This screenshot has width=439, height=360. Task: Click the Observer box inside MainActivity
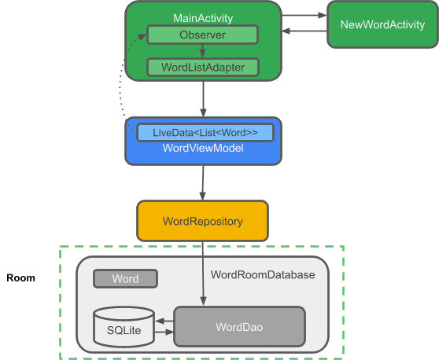(x=202, y=35)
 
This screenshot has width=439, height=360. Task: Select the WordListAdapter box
(x=202, y=67)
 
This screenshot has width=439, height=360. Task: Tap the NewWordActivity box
(x=382, y=25)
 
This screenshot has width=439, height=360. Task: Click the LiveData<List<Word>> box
(x=205, y=132)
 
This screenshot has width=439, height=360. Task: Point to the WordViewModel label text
(x=202, y=149)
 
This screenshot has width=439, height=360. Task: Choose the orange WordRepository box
(x=202, y=222)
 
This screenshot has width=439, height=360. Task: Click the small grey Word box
(x=125, y=279)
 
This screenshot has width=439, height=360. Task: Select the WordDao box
(x=239, y=325)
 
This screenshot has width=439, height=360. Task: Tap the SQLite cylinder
(x=124, y=329)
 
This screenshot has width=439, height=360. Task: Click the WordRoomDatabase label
(x=263, y=275)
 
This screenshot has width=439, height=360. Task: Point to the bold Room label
(x=20, y=278)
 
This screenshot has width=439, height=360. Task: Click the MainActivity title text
(x=203, y=17)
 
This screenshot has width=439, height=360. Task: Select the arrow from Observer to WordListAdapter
(x=202, y=51)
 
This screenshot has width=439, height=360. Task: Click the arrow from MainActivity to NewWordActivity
(x=304, y=15)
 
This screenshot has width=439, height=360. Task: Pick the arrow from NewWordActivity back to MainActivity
(x=304, y=31)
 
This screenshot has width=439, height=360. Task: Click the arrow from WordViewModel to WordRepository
(x=203, y=182)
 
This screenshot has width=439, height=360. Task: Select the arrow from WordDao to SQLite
(x=164, y=321)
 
